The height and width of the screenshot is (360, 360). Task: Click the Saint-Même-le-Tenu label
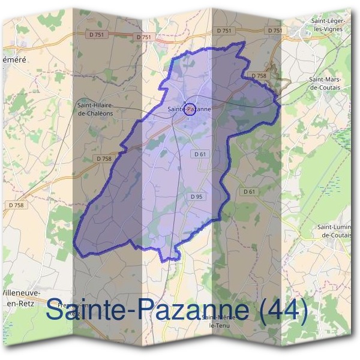[x=220, y=320]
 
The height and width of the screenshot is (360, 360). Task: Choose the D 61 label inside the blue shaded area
[x=200, y=154]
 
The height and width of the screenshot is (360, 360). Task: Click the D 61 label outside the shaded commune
[x=249, y=191]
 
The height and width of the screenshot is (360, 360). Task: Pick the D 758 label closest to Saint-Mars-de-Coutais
[x=257, y=76]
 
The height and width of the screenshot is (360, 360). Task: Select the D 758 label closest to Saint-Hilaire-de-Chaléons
[x=103, y=158]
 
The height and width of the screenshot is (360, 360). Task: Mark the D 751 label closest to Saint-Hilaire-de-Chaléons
[x=144, y=37]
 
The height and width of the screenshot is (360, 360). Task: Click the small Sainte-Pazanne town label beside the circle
[x=190, y=109]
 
